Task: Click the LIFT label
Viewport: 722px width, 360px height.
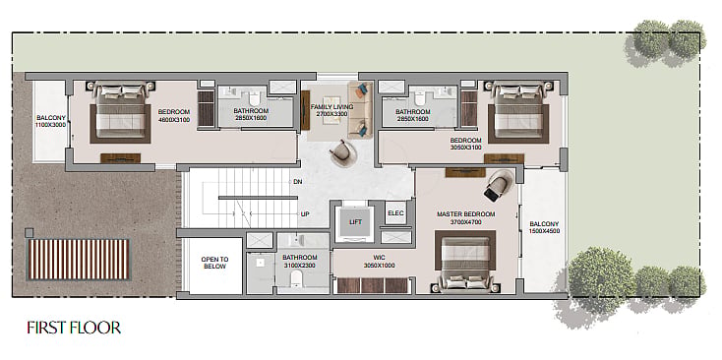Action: pos(355,222)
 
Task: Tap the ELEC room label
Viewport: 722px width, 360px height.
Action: pos(395,213)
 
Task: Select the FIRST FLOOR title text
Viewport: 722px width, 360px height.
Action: pos(74,328)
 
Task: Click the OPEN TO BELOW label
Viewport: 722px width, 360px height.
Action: pos(214,263)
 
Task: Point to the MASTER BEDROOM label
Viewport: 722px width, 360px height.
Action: pos(465,214)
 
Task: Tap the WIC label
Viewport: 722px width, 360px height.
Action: pos(380,258)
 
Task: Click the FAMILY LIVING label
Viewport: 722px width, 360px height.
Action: pos(331,107)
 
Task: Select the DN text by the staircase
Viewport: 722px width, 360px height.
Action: pos(297,182)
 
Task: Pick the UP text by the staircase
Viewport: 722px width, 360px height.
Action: pos(304,214)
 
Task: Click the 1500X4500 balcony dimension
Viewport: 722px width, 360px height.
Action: pos(544,231)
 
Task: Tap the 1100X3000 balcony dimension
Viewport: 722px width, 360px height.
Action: pos(50,125)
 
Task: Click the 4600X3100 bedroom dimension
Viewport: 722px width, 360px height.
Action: pos(173,120)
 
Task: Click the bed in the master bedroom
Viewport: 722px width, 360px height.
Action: pos(465,262)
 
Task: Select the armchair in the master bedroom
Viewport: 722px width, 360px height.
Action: pos(499,186)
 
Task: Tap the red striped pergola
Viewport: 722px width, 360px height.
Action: pos(79,260)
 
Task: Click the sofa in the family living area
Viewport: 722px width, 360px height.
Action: pos(359,109)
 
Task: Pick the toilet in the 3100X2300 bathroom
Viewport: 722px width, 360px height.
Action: pos(296,279)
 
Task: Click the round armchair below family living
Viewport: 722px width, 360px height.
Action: pos(343,153)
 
